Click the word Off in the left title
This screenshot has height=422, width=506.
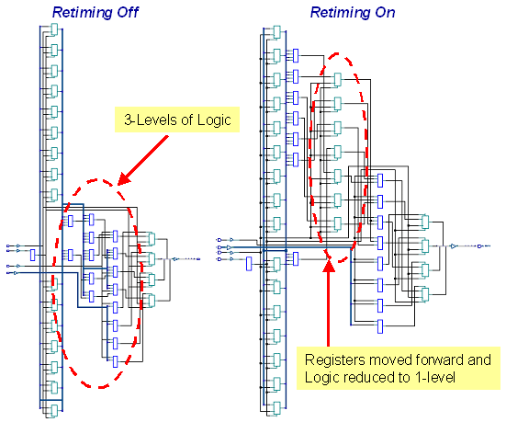(x=128, y=12)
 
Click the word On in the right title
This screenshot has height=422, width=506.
(x=385, y=12)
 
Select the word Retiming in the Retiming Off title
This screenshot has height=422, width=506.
(x=83, y=13)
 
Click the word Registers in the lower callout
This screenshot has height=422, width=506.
(x=335, y=360)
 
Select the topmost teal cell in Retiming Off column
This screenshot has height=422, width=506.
(x=54, y=30)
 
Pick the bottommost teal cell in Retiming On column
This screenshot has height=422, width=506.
(x=276, y=408)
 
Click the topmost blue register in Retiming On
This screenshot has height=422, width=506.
(x=296, y=55)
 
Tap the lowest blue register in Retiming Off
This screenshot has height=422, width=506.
(x=115, y=361)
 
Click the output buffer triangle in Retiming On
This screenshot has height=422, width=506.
(x=454, y=246)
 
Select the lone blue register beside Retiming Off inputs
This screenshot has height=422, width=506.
(x=32, y=255)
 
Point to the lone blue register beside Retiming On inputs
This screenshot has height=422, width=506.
(x=249, y=264)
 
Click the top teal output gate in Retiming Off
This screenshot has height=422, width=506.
(x=151, y=239)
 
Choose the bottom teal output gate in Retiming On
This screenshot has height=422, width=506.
(x=425, y=294)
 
